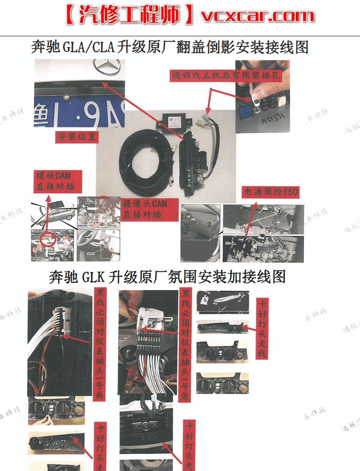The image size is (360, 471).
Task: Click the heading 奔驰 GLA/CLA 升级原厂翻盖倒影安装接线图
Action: pos(170,47)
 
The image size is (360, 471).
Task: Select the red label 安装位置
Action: pos(77,137)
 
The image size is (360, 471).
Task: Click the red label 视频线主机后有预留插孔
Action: pos(225,75)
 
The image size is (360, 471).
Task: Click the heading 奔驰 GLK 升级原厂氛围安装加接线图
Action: pos(167,277)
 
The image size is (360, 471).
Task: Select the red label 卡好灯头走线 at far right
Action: pos(262,328)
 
